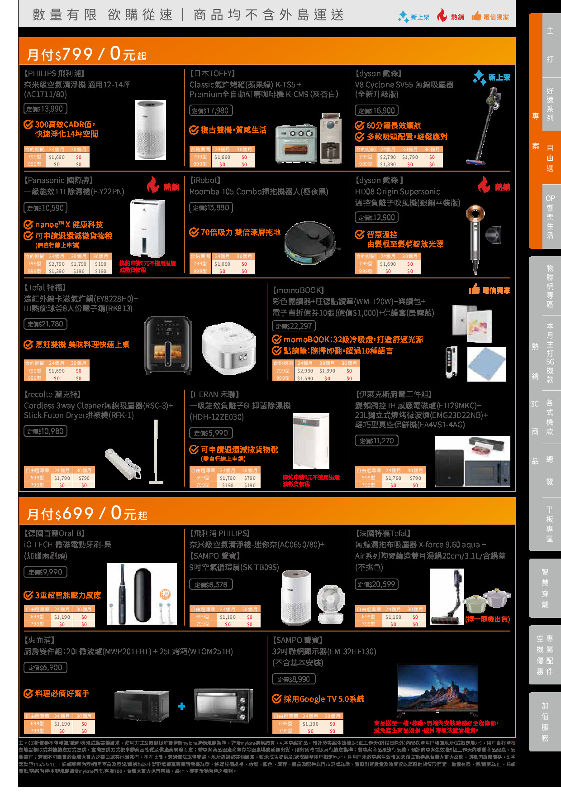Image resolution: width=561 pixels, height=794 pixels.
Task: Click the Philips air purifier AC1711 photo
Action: click(x=151, y=130)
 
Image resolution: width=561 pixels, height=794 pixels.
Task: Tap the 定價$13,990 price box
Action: click(x=45, y=109)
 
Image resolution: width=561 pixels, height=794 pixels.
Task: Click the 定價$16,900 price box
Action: click(x=377, y=110)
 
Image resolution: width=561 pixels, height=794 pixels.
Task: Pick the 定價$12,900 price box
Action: click(x=377, y=218)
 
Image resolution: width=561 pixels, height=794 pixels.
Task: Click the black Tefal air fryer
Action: click(x=168, y=345)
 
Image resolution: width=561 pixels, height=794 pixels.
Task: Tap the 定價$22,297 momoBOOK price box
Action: click(x=294, y=326)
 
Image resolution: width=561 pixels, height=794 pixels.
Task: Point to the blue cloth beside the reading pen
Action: click(x=486, y=364)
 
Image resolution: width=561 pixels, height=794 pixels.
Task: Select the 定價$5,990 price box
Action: click(x=211, y=433)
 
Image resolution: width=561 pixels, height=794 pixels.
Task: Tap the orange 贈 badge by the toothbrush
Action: click(x=165, y=594)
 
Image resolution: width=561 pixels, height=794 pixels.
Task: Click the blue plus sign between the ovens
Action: click(x=182, y=706)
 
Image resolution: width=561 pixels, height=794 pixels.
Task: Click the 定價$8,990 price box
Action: click(x=294, y=679)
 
